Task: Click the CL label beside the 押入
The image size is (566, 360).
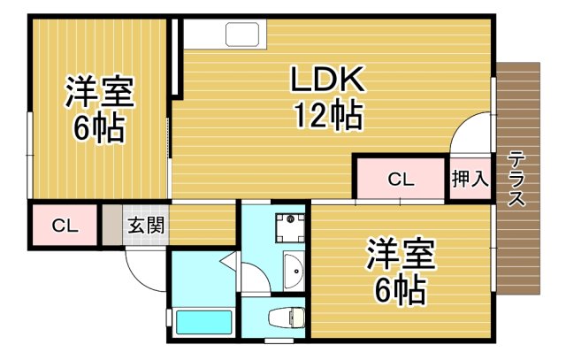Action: [400, 180]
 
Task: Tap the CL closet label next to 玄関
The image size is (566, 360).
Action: [64, 225]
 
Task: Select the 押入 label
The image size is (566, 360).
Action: [470, 180]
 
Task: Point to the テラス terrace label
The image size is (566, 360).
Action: [516, 178]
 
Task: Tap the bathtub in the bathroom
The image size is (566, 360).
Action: [203, 322]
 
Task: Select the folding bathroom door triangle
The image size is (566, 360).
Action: [228, 260]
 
